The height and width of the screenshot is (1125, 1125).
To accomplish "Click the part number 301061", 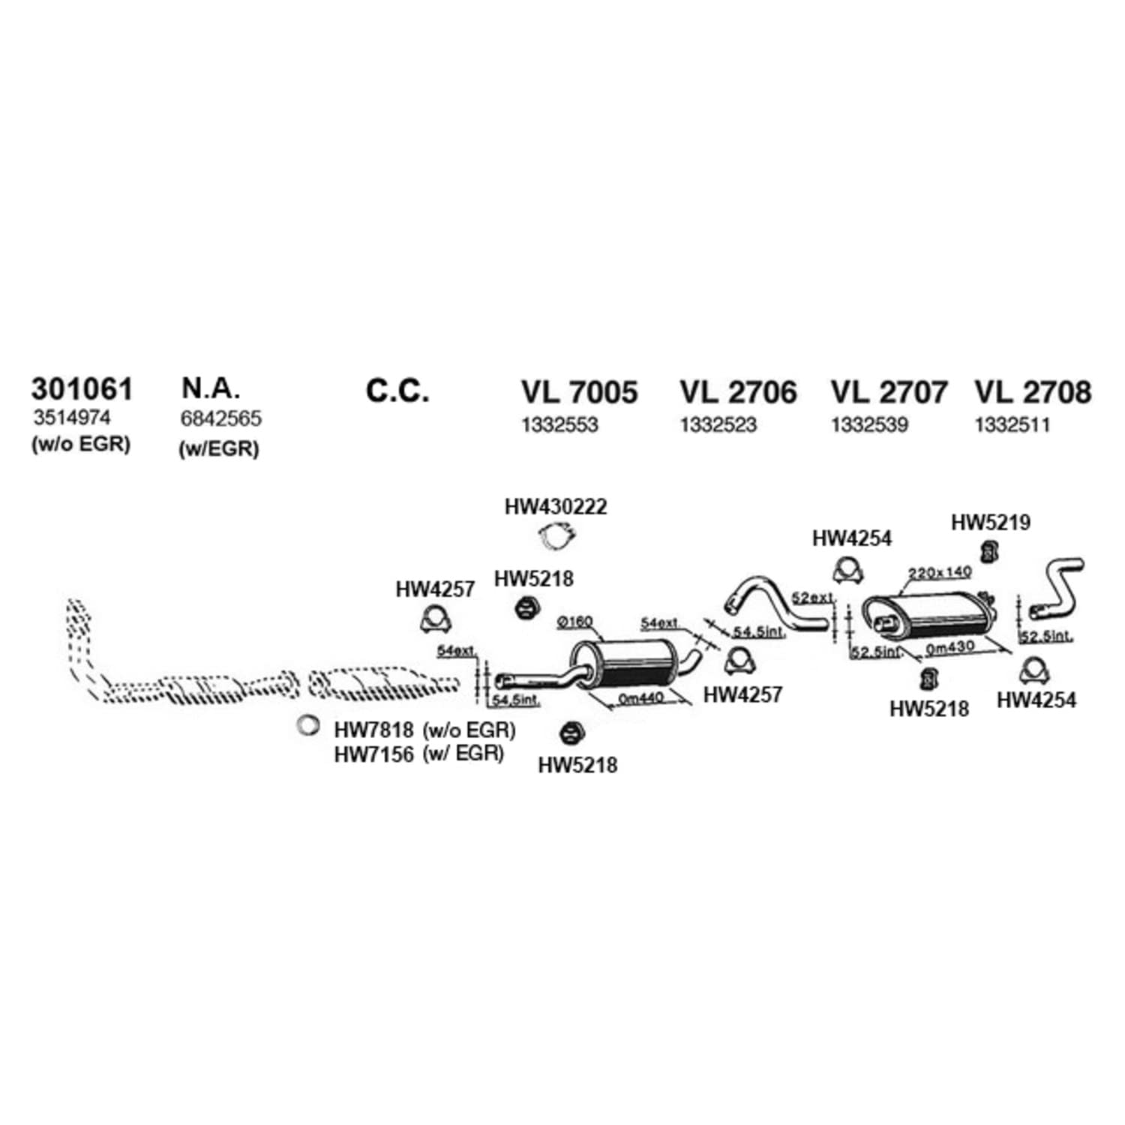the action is (82, 389).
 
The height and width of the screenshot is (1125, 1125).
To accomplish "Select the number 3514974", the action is (72, 417).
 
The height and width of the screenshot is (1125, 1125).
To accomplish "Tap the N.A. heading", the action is (211, 388).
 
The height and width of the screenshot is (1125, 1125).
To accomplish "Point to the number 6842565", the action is (221, 418).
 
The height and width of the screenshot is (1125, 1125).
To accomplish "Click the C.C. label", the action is (397, 391).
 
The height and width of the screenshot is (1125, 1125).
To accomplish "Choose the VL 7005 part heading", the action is (580, 392).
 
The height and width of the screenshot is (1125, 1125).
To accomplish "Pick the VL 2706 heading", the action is (739, 392).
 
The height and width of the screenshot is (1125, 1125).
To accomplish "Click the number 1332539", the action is (869, 425).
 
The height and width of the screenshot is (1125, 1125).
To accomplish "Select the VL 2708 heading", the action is (1033, 392).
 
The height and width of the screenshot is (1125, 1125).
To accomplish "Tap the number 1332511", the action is (1012, 425).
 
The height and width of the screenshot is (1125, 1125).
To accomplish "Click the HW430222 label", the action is (556, 507).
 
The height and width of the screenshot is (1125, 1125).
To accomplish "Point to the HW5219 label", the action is (991, 522).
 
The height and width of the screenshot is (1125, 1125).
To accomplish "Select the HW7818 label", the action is (373, 729).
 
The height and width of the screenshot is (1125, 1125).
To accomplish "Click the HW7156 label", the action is (373, 754).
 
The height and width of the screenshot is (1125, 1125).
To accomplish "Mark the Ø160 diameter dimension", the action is (575, 622).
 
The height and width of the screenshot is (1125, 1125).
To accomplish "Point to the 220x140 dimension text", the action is (940, 573).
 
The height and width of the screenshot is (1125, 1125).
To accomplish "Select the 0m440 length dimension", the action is (640, 698).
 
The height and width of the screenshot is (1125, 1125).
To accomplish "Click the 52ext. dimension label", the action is (813, 598).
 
